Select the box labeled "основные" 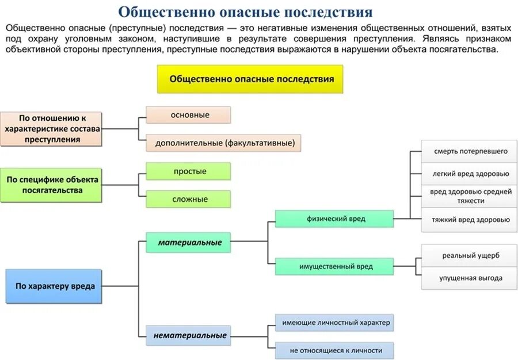[188, 115]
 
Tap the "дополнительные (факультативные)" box [224, 143]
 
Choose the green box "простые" [188, 171]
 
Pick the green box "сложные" [188, 199]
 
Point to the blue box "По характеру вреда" [54, 286]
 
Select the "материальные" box [188, 243]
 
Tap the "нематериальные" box [188, 335]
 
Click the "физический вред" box [334, 219]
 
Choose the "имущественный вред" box [334, 266]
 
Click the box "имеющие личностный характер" [335, 323]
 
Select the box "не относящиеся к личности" [335, 350]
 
